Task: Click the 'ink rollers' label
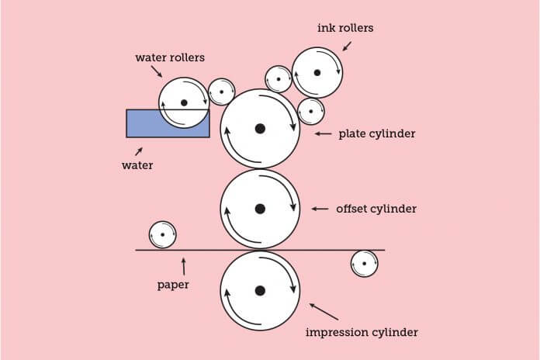[345, 28]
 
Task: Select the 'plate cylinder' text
[377, 133]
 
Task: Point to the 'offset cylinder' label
[376, 209]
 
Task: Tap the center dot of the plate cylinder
[260, 128]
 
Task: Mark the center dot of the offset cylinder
[260, 208]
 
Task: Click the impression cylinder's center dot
[260, 290]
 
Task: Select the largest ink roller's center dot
[317, 73]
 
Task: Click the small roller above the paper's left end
[162, 234]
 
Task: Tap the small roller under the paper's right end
[364, 264]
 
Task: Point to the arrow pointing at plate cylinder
[323, 133]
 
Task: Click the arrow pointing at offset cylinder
[320, 209]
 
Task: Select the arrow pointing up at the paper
[183, 265]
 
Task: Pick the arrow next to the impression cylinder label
[324, 311]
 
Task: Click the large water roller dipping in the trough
[184, 102]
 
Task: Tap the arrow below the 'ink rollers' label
[345, 46]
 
